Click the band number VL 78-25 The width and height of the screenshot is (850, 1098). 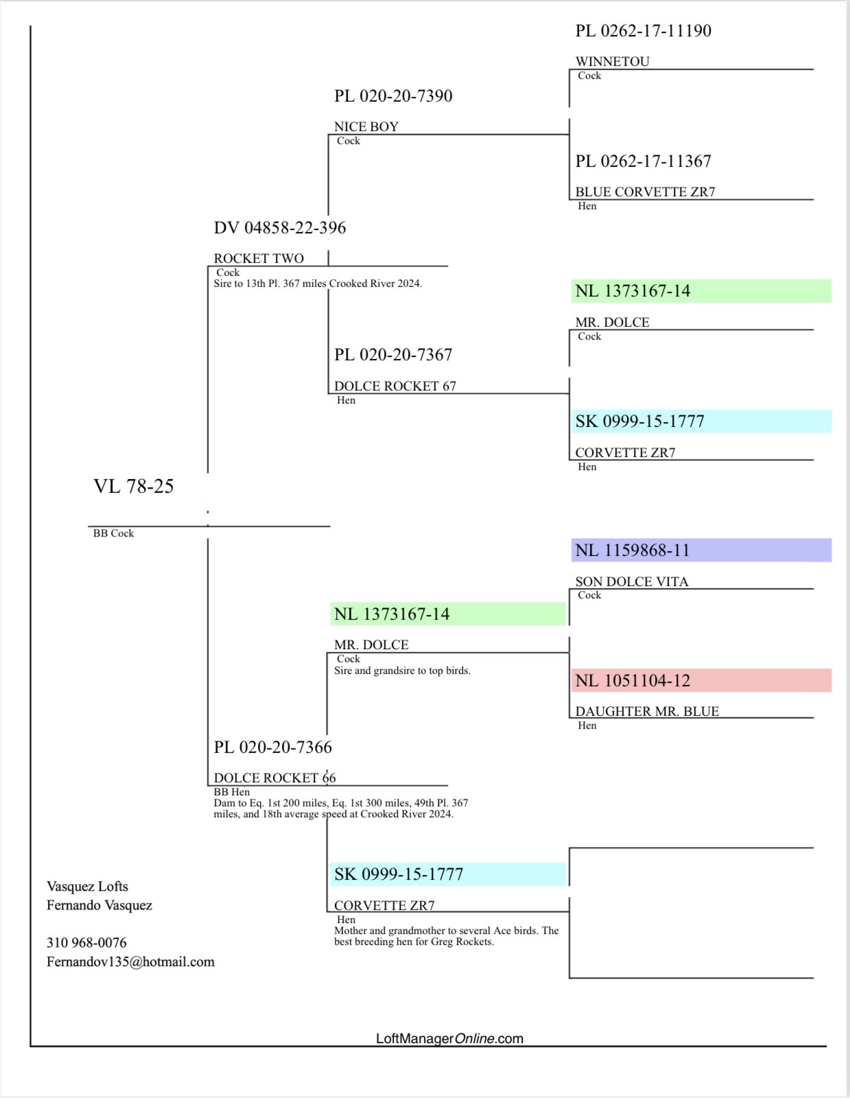click(134, 487)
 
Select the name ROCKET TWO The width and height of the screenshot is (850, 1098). click(259, 259)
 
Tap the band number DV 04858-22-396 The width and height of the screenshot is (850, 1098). click(280, 228)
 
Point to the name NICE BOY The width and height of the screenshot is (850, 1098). click(366, 127)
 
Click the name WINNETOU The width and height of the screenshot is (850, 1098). click(612, 62)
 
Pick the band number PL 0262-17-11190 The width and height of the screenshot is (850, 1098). click(643, 31)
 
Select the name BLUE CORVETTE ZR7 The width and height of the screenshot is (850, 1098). click(645, 192)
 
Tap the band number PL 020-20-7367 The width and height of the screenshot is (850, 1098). click(393, 355)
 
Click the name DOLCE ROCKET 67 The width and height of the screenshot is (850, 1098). click(395, 386)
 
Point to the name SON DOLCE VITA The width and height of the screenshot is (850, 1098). click(632, 582)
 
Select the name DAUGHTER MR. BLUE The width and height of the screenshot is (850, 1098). click(647, 712)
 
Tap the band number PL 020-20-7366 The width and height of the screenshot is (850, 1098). click(273, 747)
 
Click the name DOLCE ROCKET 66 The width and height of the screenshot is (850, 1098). click(274, 778)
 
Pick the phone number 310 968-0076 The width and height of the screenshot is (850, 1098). click(86, 943)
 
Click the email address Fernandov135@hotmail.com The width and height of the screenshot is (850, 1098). click(130, 962)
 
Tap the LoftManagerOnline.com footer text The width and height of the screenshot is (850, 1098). click(449, 1039)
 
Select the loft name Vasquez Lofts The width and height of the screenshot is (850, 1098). click(87, 887)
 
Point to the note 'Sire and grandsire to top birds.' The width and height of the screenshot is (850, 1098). click(402, 671)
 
